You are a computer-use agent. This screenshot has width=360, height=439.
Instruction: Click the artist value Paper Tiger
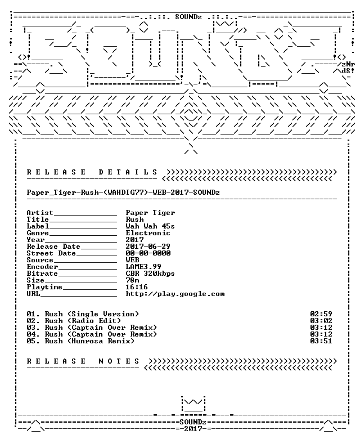[x=150, y=213]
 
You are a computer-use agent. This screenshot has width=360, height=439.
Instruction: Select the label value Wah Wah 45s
[x=150, y=226]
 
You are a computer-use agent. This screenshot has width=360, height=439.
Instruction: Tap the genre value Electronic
[x=148, y=233]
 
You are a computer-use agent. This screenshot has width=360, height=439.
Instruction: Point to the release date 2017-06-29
[x=148, y=247]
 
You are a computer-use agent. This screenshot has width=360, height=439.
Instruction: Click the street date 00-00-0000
[x=148, y=253]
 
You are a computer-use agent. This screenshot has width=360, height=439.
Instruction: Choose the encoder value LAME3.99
[x=143, y=267]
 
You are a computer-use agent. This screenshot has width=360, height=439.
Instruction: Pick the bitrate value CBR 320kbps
[x=150, y=274]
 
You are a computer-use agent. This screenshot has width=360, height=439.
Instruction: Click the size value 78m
[x=132, y=280]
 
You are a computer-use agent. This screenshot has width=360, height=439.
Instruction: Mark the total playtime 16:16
[x=137, y=287]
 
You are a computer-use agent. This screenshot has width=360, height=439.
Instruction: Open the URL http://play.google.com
[x=175, y=294]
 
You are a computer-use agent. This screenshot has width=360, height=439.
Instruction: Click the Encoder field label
[x=42, y=267]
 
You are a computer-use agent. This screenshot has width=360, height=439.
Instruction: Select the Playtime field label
[x=44, y=287]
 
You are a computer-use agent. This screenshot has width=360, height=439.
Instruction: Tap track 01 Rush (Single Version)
[x=83, y=314]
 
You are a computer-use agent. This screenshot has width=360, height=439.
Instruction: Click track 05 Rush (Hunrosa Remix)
[x=80, y=341]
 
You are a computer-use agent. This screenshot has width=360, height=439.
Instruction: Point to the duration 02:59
[x=321, y=314]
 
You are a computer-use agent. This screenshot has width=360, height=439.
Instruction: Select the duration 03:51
[x=321, y=341]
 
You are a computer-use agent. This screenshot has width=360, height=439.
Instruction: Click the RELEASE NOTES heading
[x=83, y=361]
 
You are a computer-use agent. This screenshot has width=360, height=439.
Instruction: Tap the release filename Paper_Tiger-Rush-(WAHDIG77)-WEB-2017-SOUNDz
[x=123, y=192]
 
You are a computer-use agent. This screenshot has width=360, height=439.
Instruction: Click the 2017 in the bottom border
[x=193, y=429]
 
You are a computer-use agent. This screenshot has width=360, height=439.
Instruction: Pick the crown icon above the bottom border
[x=193, y=404]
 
